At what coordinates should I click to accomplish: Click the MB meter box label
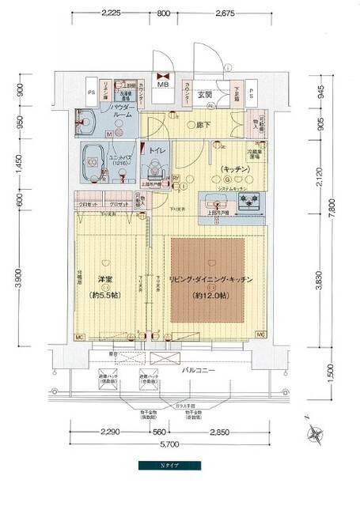pos(164,85)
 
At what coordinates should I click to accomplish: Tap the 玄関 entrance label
pos(203,96)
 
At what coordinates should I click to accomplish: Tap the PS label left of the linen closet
pos(91,92)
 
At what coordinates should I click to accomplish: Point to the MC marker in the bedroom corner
pos(80,338)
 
